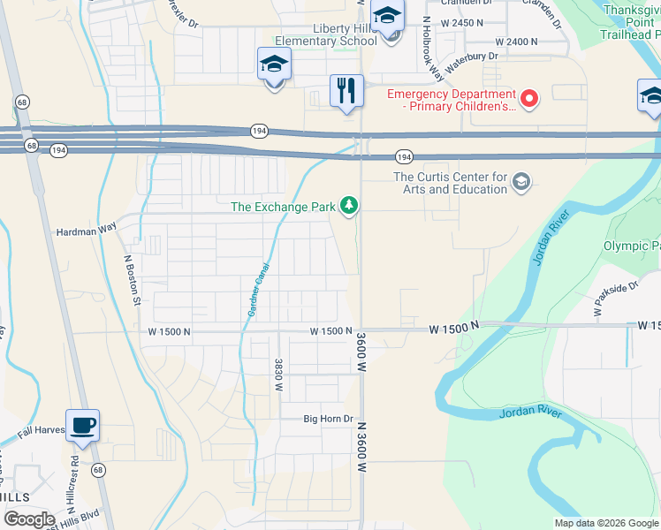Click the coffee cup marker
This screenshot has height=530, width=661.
[x=82, y=426]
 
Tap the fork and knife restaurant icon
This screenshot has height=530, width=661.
[x=346, y=90]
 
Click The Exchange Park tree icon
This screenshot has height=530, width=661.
[x=350, y=206]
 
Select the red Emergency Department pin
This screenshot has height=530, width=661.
[x=529, y=98]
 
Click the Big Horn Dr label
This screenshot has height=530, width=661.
[x=328, y=419]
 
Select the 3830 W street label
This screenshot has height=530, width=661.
[x=277, y=375]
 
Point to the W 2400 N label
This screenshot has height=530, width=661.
[x=517, y=42]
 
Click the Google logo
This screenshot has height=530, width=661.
[x=29, y=519]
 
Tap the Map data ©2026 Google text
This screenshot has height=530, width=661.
[x=605, y=523]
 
